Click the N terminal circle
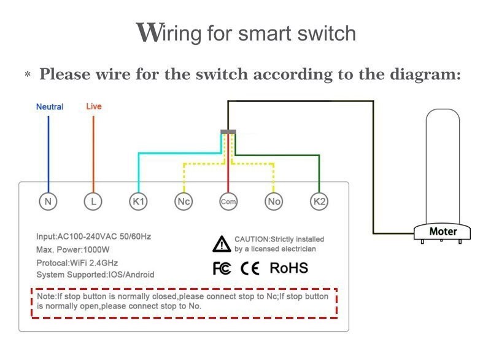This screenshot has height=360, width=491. (x=48, y=200)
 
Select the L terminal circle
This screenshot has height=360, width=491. (x=93, y=200)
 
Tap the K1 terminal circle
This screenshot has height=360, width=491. (x=138, y=200)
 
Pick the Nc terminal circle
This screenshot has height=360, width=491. (x=183, y=200)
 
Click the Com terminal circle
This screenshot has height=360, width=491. (x=228, y=201)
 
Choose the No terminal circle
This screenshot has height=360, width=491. (x=274, y=200)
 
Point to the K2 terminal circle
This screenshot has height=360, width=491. (x=319, y=200)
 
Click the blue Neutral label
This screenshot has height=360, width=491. (x=50, y=107)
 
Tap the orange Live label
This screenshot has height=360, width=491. (x=94, y=106)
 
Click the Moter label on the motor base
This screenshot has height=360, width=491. (x=443, y=232)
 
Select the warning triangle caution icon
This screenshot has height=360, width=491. (x=221, y=244)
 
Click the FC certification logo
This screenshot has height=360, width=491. (x=222, y=268)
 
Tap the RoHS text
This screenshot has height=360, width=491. (x=288, y=268)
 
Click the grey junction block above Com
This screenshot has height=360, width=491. (x=228, y=131)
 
